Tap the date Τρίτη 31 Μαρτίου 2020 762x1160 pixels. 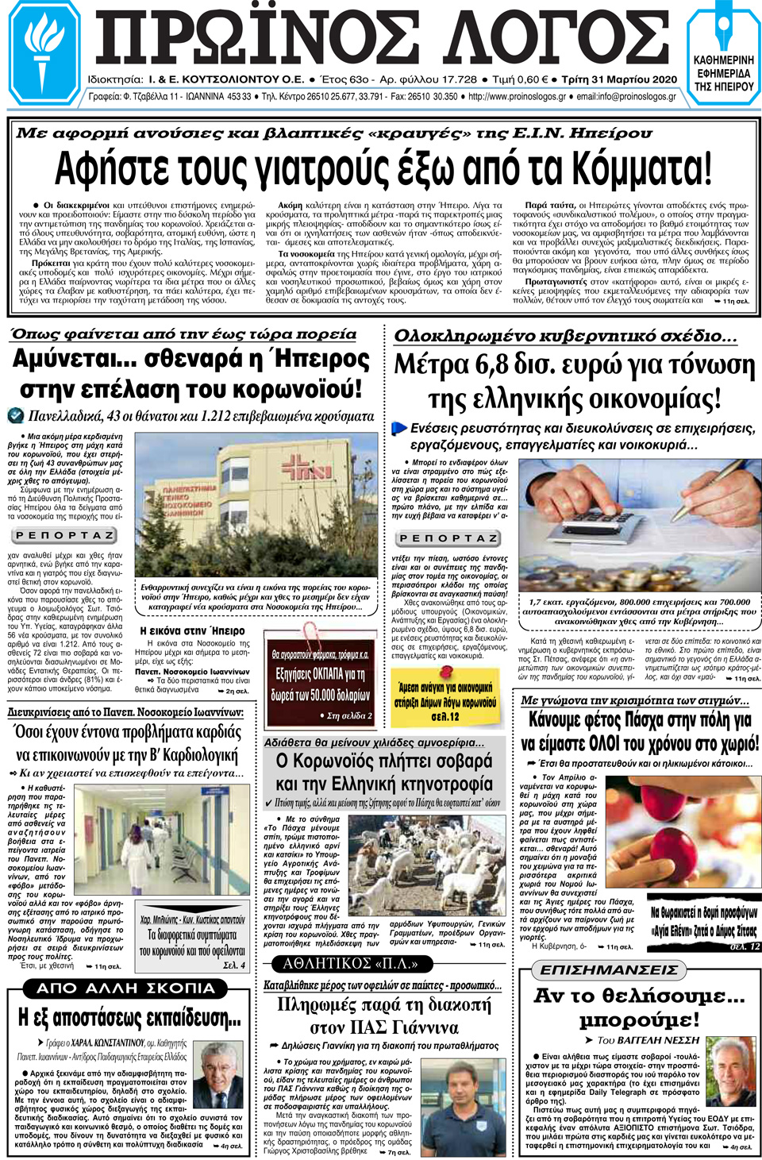619,79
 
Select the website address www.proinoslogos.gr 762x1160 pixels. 517,97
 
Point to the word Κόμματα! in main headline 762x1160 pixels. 630,168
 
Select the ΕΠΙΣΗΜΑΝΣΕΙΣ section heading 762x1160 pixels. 609,969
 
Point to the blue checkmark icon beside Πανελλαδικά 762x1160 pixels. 15,415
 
